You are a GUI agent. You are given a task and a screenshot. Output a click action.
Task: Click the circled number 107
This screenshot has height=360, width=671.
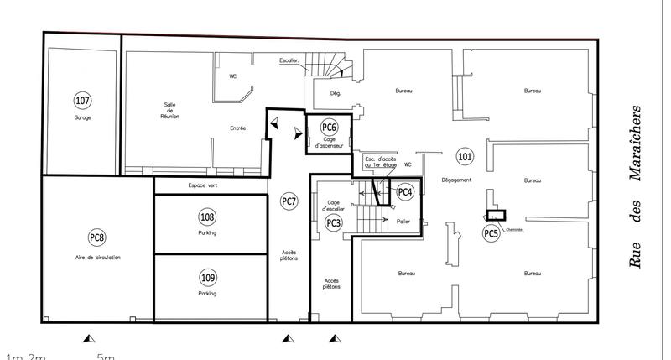point(82,101)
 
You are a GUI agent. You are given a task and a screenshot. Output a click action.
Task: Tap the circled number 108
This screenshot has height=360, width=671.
point(207,216)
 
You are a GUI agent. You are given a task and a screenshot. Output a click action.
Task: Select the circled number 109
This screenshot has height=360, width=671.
point(207,277)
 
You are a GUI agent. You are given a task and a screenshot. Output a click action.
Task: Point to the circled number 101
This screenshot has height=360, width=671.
point(464,156)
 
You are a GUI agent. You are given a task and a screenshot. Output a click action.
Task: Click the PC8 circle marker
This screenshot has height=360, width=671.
point(97,237)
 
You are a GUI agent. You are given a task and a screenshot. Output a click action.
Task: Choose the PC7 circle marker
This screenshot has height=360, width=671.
point(289,201)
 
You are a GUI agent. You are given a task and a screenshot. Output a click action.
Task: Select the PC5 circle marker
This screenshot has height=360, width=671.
point(491,234)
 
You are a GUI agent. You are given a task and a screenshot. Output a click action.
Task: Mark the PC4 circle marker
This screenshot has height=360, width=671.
point(405,192)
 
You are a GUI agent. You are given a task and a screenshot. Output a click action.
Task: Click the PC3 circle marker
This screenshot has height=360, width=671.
point(333,222)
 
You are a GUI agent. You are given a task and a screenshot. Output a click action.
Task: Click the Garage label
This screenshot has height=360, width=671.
point(82,118)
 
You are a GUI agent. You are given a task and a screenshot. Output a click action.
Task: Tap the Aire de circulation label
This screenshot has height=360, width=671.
point(97,258)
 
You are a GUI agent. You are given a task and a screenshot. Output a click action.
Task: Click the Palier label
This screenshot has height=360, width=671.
point(403,222)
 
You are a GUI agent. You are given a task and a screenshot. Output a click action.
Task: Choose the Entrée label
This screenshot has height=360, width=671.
point(238,128)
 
